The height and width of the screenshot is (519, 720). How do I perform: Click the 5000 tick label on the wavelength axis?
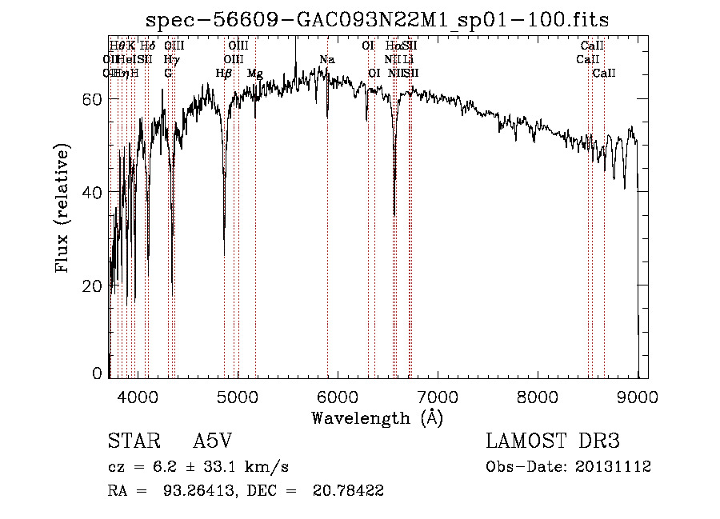point(237,396)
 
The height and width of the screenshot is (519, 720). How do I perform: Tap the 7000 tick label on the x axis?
point(437,396)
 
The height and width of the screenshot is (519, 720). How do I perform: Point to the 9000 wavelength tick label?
point(638,396)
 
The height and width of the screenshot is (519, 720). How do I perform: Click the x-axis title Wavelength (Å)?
point(377,417)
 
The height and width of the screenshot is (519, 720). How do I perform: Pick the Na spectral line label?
point(326,60)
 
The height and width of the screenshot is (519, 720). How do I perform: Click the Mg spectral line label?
point(255,74)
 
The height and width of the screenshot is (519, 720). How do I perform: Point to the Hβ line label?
point(224,74)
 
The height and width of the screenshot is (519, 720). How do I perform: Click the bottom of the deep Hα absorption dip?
point(394,214)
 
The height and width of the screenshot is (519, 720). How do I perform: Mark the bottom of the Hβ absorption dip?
point(224,253)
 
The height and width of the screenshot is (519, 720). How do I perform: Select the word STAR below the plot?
point(133,441)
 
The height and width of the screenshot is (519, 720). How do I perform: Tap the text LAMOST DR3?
point(553,441)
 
